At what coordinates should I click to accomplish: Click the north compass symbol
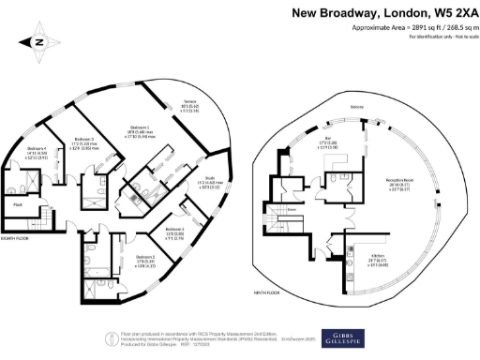pyautogui.click(x=37, y=41)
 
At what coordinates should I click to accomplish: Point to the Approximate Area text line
pyautogui.click(x=408, y=28)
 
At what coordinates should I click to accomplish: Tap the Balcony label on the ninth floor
pyautogui.click(x=331, y=107)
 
